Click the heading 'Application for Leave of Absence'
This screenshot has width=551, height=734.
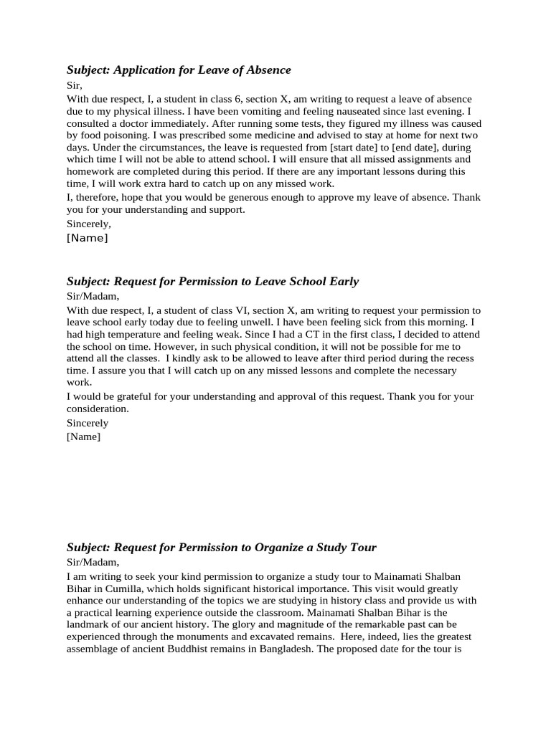(179, 70)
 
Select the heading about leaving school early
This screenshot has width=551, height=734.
(212, 282)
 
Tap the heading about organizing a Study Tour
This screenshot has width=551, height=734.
(221, 548)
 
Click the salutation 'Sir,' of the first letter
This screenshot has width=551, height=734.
(75, 85)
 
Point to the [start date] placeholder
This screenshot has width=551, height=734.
(355, 148)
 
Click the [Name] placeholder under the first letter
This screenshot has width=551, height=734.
(87, 239)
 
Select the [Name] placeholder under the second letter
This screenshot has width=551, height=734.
(83, 437)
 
